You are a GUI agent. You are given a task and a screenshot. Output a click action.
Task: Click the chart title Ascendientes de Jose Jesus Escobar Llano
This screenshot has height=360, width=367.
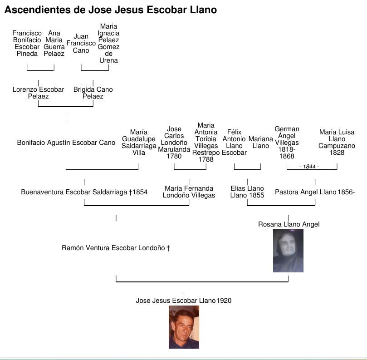click(111, 10)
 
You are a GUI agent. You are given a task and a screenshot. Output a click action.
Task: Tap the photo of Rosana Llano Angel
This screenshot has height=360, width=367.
click(288, 251)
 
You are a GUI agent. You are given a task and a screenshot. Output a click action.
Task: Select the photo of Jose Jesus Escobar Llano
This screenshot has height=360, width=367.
click(184, 327)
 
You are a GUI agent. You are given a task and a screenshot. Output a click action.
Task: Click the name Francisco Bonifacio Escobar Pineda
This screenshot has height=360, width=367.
click(27, 44)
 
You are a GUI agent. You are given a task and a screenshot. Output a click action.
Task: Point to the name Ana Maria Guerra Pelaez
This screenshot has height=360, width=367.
click(54, 44)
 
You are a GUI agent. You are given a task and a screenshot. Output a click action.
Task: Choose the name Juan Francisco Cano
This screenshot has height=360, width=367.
click(81, 44)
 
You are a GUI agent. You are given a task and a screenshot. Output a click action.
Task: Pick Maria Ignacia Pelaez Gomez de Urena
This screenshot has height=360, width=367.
click(109, 44)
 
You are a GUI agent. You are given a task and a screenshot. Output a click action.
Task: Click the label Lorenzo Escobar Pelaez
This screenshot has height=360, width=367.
click(39, 93)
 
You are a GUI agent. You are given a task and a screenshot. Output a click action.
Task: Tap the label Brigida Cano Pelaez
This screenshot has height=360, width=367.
click(93, 93)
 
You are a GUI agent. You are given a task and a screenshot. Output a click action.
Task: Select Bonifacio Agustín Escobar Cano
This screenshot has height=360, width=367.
click(66, 143)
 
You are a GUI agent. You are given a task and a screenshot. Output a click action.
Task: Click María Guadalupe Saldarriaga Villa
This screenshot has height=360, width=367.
click(139, 143)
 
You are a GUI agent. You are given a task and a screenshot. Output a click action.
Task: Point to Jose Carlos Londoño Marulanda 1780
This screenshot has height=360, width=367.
click(174, 143)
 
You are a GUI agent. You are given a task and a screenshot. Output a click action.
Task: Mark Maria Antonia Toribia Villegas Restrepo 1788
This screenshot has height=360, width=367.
click(206, 143)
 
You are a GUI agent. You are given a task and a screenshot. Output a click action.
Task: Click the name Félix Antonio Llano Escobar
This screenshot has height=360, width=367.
click(235, 143)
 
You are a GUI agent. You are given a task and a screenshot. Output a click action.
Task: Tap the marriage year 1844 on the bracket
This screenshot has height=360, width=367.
click(309, 167)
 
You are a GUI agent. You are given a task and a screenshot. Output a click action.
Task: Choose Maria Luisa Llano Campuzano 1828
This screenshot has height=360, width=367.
click(337, 143)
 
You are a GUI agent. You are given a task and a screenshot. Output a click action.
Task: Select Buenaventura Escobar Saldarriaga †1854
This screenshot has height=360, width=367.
click(84, 192)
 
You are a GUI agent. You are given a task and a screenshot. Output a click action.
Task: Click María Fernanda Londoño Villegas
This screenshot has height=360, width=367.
click(189, 192)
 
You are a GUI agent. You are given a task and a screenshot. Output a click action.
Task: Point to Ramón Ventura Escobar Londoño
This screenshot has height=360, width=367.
click(116, 248)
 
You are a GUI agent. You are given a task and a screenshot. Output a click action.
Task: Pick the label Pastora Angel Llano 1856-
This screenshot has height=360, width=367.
click(315, 192)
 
